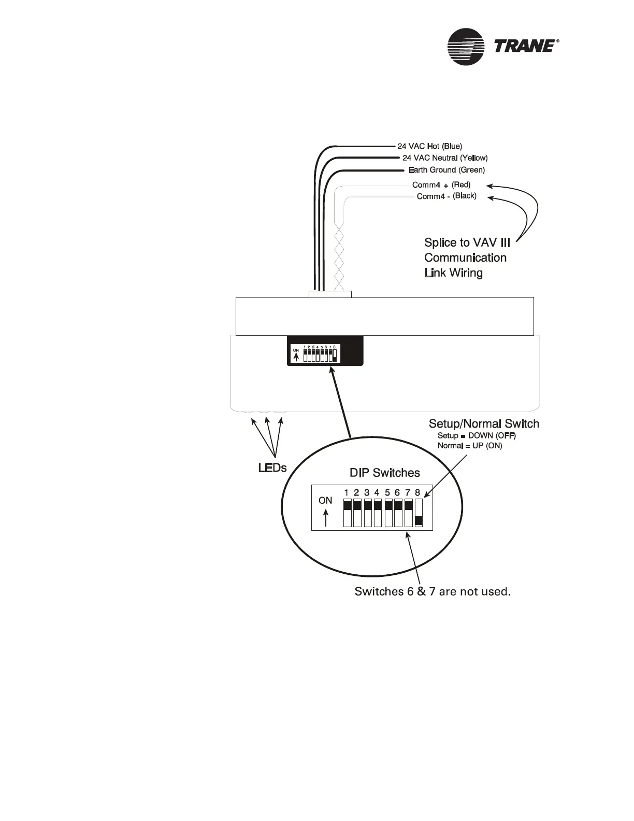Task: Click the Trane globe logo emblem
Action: pyautogui.click(x=466, y=47)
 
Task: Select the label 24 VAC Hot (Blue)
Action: pyautogui.click(x=429, y=146)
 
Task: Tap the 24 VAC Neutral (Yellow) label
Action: pyautogui.click(x=445, y=158)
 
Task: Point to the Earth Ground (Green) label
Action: pyautogui.click(x=446, y=169)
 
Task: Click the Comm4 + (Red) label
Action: pyautogui.click(x=441, y=185)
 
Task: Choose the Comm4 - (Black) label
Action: pyautogui.click(x=446, y=196)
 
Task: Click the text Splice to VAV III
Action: pyautogui.click(x=467, y=243)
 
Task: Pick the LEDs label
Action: pyautogui.click(x=272, y=468)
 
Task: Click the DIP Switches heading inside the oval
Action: pyautogui.click(x=385, y=473)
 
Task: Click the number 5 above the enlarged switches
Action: pyautogui.click(x=387, y=492)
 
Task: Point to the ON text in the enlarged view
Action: pyautogui.click(x=325, y=501)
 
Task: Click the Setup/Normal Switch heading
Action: pyautogui.click(x=484, y=424)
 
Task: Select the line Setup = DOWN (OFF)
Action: pyautogui.click(x=477, y=435)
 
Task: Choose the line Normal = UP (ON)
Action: pyautogui.click(x=470, y=446)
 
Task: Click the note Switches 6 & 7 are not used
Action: pyautogui.click(x=433, y=591)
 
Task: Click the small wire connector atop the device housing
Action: pyautogui.click(x=330, y=294)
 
